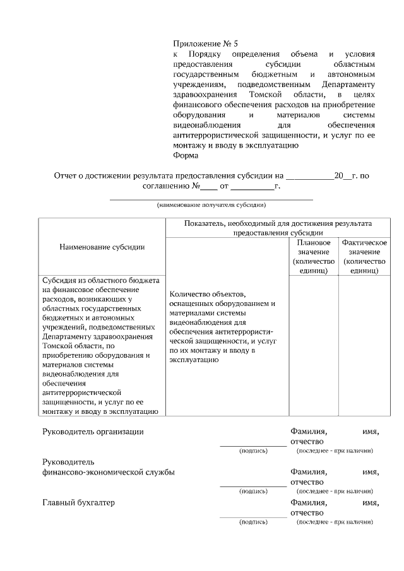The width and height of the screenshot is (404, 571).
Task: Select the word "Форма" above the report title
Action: (x=186, y=155)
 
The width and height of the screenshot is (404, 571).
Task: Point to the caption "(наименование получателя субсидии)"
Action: (x=211, y=205)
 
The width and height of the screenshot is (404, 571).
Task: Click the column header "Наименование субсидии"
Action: (x=102, y=247)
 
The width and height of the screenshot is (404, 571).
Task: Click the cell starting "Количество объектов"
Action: (x=224, y=327)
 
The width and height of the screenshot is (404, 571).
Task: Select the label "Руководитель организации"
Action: (x=93, y=432)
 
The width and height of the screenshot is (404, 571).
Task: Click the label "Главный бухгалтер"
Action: (x=78, y=503)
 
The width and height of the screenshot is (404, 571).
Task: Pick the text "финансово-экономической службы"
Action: (x=109, y=472)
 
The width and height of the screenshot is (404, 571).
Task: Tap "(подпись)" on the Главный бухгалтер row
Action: (x=253, y=522)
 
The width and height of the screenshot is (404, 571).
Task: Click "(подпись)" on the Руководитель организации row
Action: (x=253, y=451)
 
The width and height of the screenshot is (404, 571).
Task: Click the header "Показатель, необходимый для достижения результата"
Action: (x=278, y=223)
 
